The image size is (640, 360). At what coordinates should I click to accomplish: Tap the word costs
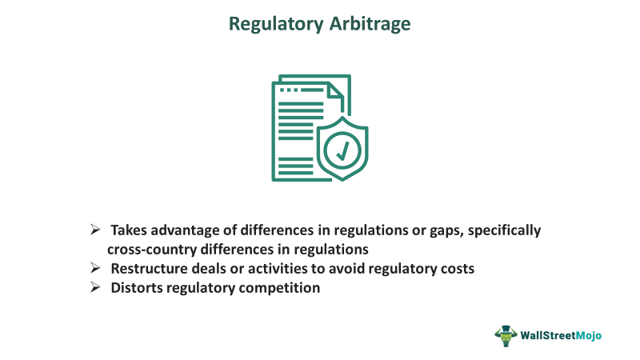point(456,269)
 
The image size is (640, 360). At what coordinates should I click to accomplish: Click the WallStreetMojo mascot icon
point(506,335)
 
